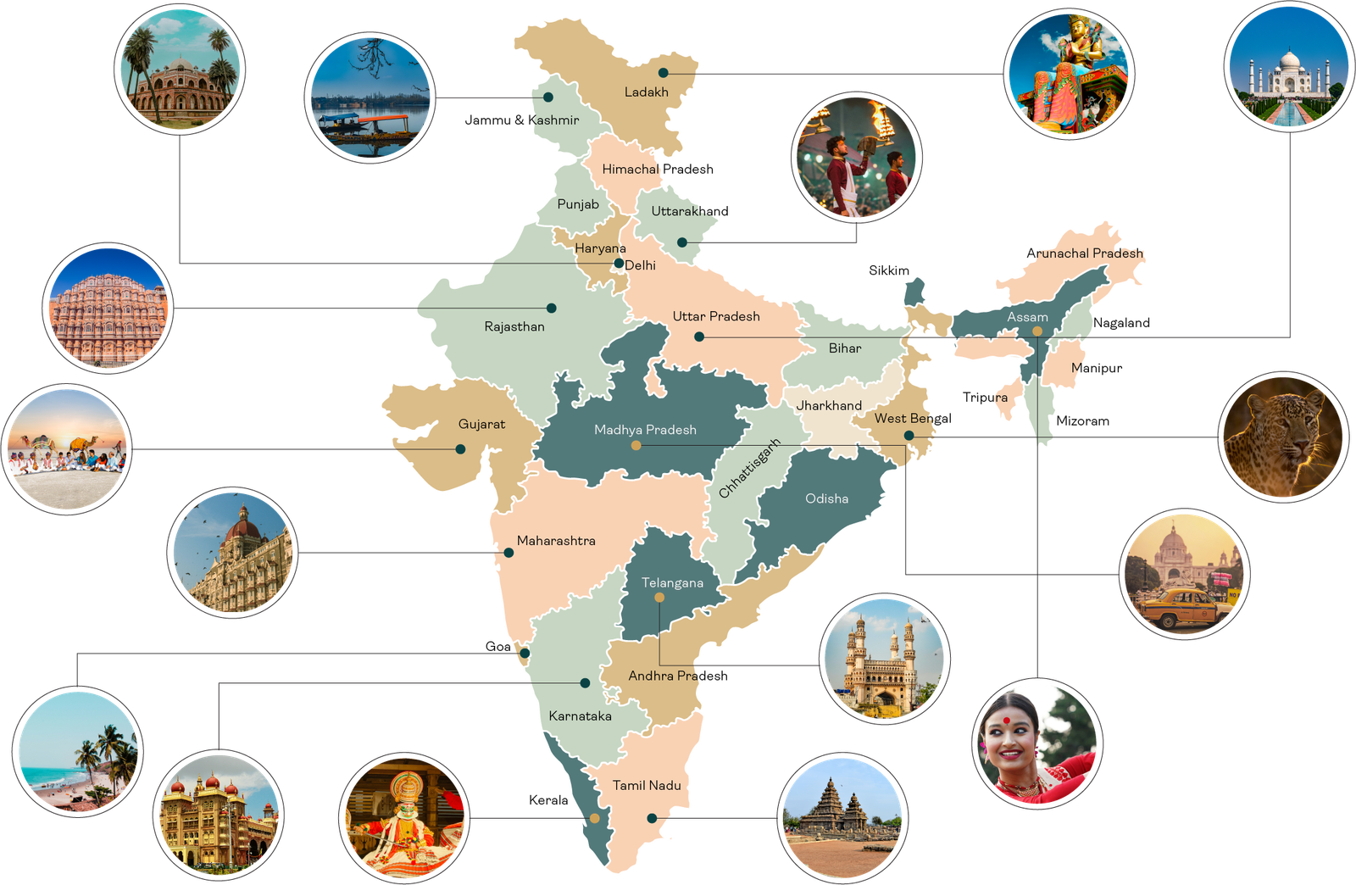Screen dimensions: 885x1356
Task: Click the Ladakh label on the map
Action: [646, 92]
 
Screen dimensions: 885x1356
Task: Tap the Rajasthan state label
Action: [514, 326]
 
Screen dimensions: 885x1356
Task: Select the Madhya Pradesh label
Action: [645, 430]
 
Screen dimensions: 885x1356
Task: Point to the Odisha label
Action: [826, 498]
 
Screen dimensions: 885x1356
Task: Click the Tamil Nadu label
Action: [647, 785]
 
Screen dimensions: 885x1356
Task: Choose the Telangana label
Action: [672, 582]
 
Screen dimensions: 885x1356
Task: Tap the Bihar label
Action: [845, 348]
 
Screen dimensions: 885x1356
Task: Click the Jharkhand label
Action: [829, 405]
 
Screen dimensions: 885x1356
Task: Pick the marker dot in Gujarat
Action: [461, 449]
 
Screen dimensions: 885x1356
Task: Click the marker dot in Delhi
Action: [620, 264]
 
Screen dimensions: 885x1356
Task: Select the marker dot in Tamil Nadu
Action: [652, 818]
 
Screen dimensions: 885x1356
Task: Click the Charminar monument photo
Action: [885, 660]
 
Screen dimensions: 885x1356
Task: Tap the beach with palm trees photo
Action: [78, 753]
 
